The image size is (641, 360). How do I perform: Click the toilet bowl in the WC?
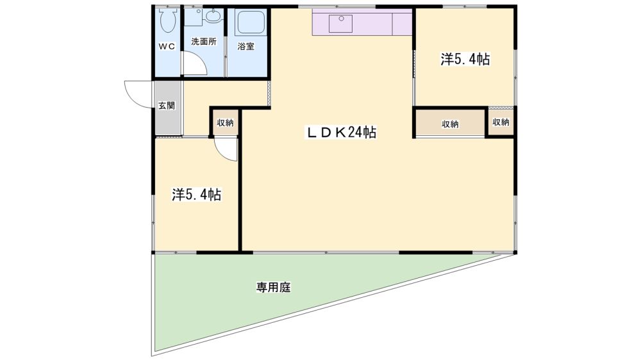pos(167,20)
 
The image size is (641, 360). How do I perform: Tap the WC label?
pos(167,47)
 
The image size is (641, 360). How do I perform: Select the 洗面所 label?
pos(204,42)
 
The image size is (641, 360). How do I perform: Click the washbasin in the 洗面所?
pos(212,17)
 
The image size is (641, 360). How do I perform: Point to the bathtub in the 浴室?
pos(250,23)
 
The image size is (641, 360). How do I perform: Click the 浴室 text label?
pos(246,47)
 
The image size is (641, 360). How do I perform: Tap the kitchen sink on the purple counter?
pos(340,24)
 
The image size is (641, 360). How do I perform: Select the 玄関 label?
pos(167,106)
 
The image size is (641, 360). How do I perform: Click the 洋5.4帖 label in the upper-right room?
pos(465,59)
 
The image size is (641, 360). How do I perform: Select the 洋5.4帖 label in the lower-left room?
pos(197,195)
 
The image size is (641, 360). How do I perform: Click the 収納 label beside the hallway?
pos(225,122)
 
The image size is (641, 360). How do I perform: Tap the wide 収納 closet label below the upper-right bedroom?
pos(450,124)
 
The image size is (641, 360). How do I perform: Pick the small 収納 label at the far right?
pos(501,122)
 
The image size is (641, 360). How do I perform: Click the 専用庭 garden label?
pos(274,287)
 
